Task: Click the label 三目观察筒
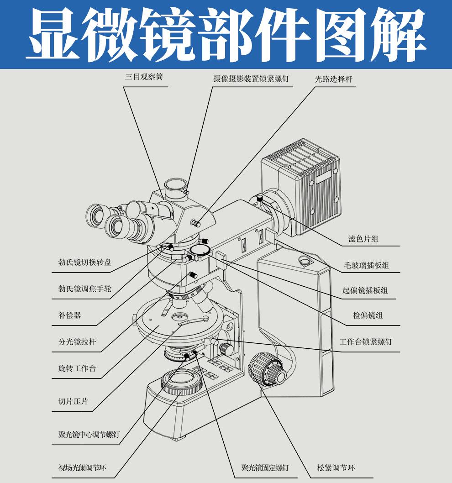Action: pos(144,78)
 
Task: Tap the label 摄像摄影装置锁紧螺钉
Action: pos(251,79)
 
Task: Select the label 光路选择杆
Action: pos(334,79)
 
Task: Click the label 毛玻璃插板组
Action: pos(366,265)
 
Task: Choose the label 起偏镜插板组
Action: pos(365,290)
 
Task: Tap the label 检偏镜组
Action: pos(368,315)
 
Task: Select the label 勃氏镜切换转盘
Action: pos(85,262)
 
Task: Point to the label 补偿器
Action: pos(70,315)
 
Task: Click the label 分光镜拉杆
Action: pos(77,341)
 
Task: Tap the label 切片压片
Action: pos(73,402)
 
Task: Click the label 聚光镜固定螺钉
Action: pos(265,468)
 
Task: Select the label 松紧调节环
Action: pos(336,468)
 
